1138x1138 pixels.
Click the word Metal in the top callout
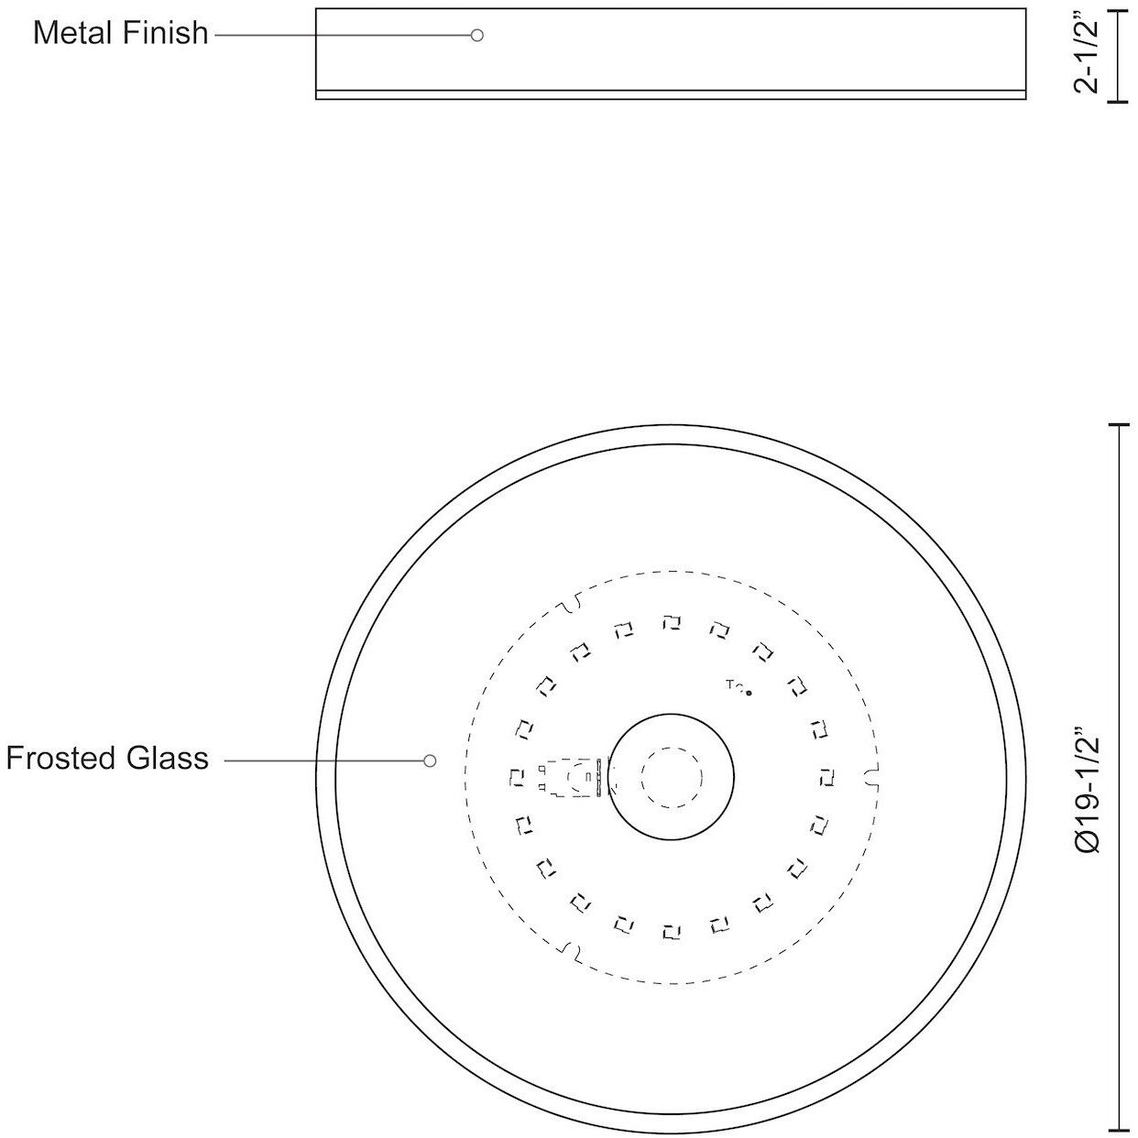[72, 33]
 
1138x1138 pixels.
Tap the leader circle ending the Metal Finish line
[476, 35]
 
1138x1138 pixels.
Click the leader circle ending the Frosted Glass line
[429, 760]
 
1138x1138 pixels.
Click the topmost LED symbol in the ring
[672, 623]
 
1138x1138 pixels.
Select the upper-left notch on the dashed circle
[571, 602]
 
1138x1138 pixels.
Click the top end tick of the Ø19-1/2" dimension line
[1118, 425]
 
